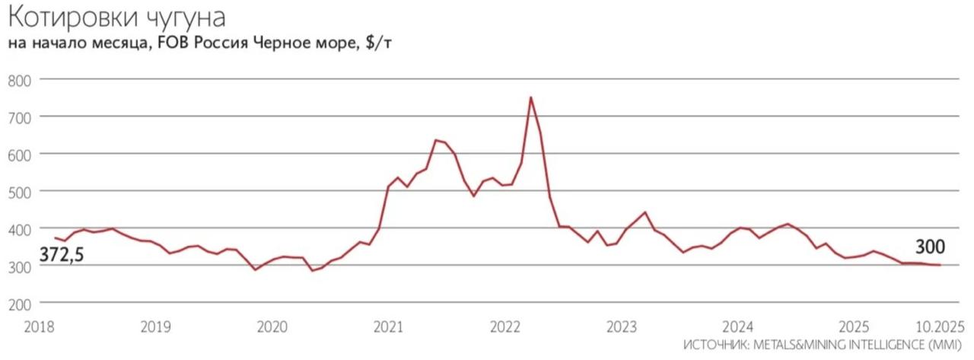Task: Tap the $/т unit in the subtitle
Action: click(378, 44)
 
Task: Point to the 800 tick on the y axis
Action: click(21, 80)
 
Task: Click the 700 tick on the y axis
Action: click(21, 117)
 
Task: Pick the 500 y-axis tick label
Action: click(21, 192)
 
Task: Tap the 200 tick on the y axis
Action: click(21, 304)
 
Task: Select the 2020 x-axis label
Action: click(272, 327)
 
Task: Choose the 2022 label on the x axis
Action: click(505, 327)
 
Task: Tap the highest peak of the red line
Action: click(530, 97)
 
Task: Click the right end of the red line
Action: click(941, 265)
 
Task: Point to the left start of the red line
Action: click(54, 238)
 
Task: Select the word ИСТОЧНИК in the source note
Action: click(715, 346)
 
